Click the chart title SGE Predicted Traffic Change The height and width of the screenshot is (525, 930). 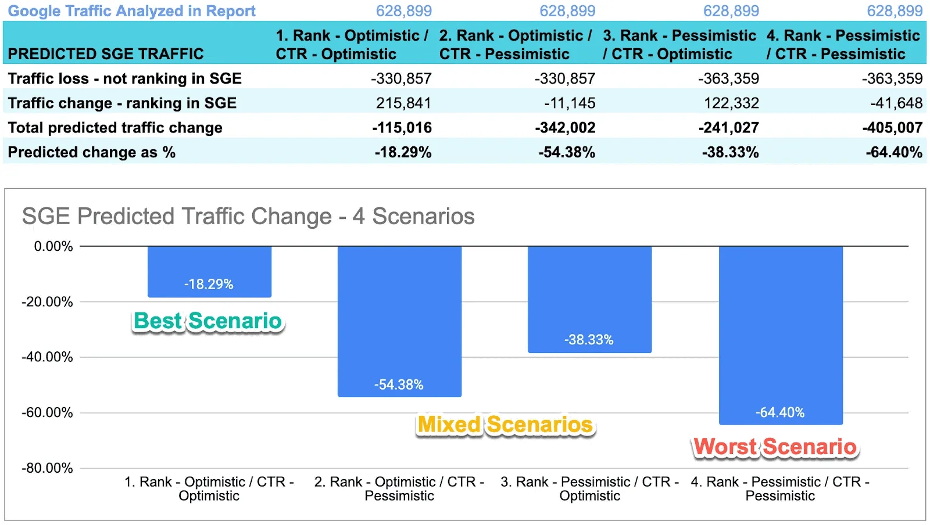tap(248, 217)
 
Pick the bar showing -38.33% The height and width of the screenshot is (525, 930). tap(589, 299)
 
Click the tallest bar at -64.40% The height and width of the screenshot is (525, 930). tap(780, 335)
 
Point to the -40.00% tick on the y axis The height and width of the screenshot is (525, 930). tap(48, 357)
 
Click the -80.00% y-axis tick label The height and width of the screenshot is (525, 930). tap(48, 468)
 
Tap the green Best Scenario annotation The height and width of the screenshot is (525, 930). tap(208, 321)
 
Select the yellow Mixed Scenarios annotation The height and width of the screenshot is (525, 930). tap(505, 425)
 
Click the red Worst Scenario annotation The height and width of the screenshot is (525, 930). tap(775, 447)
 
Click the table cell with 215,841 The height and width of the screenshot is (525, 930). tap(403, 103)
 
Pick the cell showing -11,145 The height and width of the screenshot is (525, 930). tap(570, 103)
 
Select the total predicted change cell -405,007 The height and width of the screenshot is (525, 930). tap(892, 128)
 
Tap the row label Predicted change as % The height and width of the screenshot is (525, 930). tap(92, 152)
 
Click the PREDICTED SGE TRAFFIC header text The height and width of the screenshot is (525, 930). tap(106, 54)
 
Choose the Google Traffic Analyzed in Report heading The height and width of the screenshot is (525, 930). tap(131, 11)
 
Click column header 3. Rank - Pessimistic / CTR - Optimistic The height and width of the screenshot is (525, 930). tap(679, 45)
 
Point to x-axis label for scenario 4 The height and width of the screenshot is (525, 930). tap(780, 488)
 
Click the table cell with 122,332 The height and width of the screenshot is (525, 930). tap(731, 103)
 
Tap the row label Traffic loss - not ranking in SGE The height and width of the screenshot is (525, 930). tap(124, 78)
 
